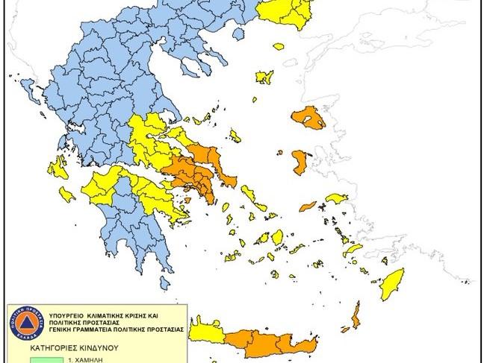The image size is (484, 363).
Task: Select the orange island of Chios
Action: pyautogui.click(x=301, y=162)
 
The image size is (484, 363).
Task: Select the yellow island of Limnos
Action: pyautogui.click(x=264, y=77)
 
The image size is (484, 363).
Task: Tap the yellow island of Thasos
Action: pyautogui.click(x=279, y=46)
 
